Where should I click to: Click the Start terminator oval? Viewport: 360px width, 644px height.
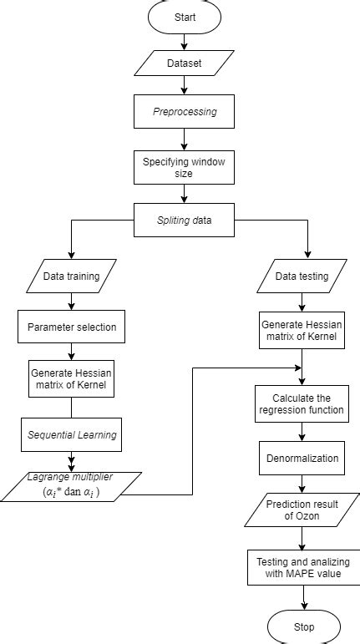(185, 17)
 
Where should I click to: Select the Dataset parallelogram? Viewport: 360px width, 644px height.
(185, 63)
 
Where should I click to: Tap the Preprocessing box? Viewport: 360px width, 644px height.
(185, 111)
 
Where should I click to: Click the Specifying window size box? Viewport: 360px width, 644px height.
(185, 167)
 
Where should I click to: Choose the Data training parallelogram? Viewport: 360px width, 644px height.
(72, 275)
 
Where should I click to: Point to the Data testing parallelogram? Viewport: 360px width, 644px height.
(301, 275)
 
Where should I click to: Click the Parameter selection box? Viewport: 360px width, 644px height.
(72, 327)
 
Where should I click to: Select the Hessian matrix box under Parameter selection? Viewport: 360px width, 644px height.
(72, 379)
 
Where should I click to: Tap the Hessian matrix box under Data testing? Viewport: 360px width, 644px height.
(301, 330)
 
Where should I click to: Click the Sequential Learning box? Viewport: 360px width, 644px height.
(72, 435)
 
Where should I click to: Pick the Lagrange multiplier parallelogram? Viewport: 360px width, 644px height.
(72, 486)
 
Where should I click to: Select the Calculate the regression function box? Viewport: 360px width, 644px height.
(301, 403)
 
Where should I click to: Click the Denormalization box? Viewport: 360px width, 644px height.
(301, 459)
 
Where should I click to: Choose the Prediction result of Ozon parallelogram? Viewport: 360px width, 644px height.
(301, 510)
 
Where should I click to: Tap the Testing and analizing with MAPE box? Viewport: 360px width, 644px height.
(301, 567)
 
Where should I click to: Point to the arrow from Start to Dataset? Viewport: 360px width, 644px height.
(185, 41)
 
